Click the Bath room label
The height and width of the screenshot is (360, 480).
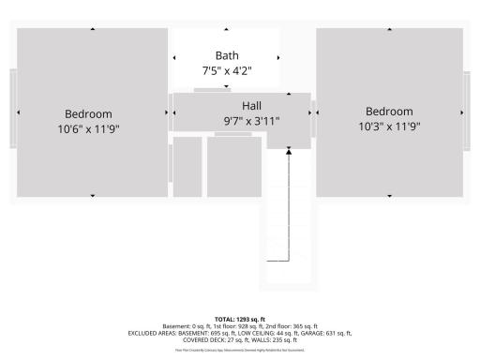(x=227, y=55)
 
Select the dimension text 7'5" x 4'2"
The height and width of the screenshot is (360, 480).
(x=227, y=70)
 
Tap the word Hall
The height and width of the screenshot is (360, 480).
(x=251, y=105)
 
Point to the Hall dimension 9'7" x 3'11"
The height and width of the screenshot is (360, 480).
(x=251, y=120)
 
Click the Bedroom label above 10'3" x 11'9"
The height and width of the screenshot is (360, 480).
(x=389, y=112)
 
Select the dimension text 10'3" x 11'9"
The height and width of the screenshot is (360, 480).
(x=389, y=127)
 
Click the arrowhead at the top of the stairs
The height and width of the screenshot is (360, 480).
(x=290, y=150)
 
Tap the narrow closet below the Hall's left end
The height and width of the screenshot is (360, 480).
(x=187, y=167)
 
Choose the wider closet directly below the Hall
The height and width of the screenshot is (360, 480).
(x=233, y=167)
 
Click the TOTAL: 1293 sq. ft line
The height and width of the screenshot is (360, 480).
(x=240, y=320)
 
